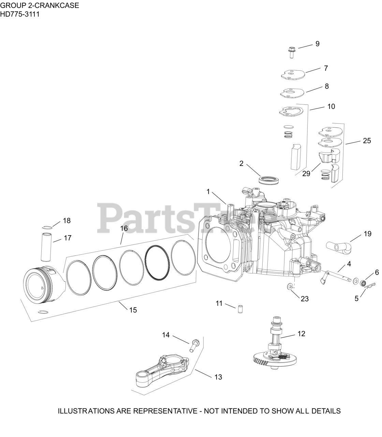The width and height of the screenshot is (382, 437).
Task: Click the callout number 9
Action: pyautogui.click(x=317, y=44)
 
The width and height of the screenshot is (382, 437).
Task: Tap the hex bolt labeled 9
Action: pyautogui.click(x=291, y=52)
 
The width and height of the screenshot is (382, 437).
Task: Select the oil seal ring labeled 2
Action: pyautogui.click(x=269, y=180)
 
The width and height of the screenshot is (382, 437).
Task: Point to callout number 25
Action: pyautogui.click(x=367, y=141)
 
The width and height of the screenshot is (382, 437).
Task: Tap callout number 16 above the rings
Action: pyautogui.click(x=124, y=228)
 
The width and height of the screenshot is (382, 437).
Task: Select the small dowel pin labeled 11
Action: pyautogui.click(x=240, y=309)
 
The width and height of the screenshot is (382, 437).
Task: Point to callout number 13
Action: pyautogui.click(x=218, y=377)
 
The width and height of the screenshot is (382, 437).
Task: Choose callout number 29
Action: pyautogui.click(x=306, y=173)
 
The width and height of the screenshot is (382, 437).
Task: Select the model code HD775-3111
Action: pyautogui.click(x=20, y=14)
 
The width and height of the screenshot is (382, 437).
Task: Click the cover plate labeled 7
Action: pyautogui.click(x=292, y=74)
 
